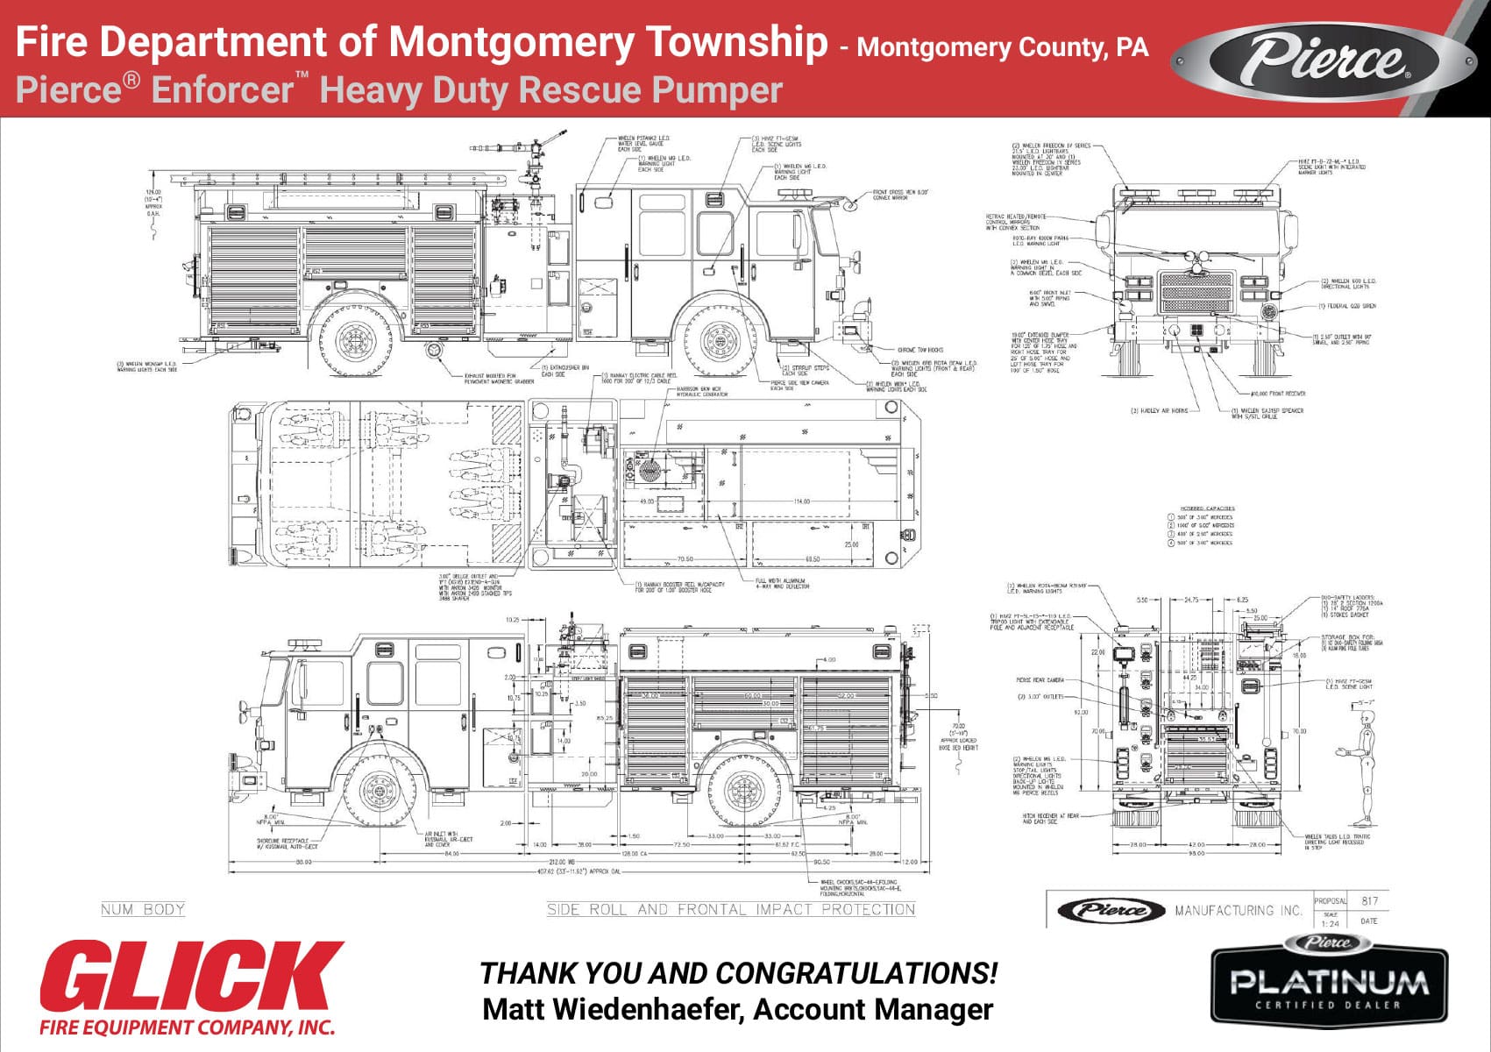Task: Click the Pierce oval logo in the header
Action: [1324, 59]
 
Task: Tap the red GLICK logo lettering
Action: [190, 977]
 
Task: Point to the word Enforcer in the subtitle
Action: [223, 90]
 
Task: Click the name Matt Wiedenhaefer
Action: [610, 1010]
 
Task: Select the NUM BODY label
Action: [143, 909]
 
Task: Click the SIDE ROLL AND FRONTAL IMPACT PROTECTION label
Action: [730, 909]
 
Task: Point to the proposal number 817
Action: [1370, 901]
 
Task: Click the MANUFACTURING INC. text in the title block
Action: [1238, 911]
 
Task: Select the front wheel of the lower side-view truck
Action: [378, 791]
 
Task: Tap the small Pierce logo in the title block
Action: [1111, 911]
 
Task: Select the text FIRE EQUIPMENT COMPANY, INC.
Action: [188, 1027]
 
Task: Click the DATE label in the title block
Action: [1369, 921]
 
